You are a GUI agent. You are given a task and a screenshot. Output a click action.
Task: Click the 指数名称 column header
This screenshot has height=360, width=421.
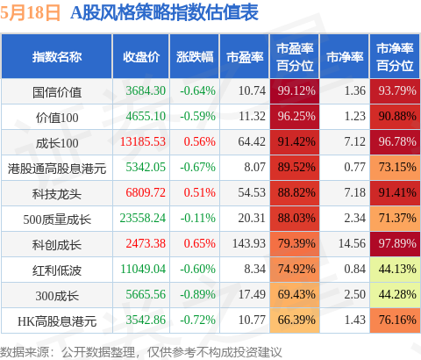(57, 57)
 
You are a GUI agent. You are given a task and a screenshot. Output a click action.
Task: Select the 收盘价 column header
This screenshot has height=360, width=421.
(141, 57)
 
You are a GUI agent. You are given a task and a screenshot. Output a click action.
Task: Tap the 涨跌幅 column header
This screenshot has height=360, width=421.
(195, 57)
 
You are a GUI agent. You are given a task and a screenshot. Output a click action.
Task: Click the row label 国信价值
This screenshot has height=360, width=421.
(57, 92)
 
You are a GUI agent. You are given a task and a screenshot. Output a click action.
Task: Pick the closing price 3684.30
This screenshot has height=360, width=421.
(146, 90)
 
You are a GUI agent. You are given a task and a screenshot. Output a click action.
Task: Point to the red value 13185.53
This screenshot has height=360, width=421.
(143, 141)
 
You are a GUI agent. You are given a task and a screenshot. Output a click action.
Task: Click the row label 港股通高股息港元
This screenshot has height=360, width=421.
(57, 169)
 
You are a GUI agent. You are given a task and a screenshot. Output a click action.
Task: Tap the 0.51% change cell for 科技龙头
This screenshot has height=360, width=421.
(200, 192)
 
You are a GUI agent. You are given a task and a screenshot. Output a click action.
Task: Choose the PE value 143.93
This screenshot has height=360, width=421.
(249, 243)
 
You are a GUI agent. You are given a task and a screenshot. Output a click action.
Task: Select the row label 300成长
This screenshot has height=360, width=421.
(57, 296)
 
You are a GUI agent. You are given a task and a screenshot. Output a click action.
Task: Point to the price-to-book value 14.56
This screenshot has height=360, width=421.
(352, 243)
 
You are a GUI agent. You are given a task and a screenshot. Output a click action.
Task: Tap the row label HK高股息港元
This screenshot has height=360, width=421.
(57, 321)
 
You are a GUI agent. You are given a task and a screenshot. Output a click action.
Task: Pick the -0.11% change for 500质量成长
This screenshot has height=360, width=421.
(197, 218)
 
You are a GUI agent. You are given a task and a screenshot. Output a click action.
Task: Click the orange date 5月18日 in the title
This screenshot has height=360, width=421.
(30, 13)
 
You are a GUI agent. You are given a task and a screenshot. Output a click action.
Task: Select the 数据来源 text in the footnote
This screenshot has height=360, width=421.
(25, 352)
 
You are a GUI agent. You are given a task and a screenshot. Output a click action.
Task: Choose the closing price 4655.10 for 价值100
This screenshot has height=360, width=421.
(146, 116)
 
